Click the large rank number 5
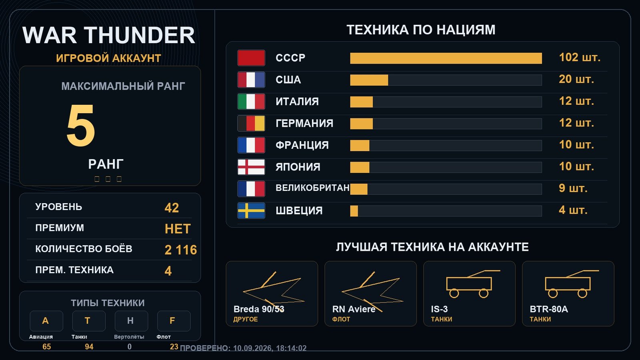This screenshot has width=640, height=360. click(x=80, y=125)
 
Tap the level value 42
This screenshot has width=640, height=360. click(x=172, y=208)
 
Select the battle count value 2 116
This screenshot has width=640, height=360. click(x=180, y=250)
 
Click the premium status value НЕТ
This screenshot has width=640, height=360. click(x=178, y=229)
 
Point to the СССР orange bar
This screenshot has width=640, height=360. click(x=446, y=58)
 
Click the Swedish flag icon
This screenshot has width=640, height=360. click(x=251, y=210)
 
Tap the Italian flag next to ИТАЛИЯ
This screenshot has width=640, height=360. click(x=251, y=102)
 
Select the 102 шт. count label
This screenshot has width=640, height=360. click(x=580, y=58)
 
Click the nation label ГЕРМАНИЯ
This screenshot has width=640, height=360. click(x=304, y=124)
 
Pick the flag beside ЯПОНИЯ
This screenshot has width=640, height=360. click(x=251, y=167)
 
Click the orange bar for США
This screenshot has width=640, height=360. click(x=369, y=80)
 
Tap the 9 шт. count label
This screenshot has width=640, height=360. click(x=573, y=188)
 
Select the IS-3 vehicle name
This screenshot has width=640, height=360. click(x=439, y=309)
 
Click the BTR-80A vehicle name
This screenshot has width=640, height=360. click(x=549, y=309)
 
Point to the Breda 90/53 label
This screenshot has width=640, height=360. click(x=259, y=309)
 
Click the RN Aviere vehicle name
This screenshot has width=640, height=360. click(x=354, y=309)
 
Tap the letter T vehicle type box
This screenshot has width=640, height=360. click(x=88, y=321)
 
